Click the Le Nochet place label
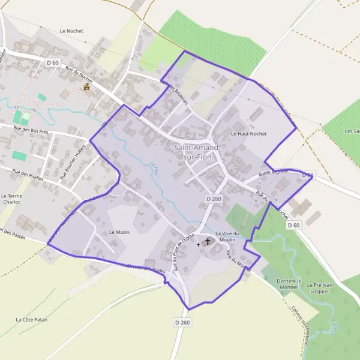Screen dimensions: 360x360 tap(71, 31)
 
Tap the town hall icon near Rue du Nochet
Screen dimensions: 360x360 tap(86, 86)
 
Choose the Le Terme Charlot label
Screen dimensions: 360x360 tap(11, 199)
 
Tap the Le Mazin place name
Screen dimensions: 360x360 tap(119, 232)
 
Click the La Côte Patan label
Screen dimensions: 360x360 tap(31, 319)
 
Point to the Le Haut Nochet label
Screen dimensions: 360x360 tap(248, 134)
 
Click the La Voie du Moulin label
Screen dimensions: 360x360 tap(227, 236)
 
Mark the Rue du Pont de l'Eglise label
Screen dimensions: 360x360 tap(185, 250)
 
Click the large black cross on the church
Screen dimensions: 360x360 tap(208, 241)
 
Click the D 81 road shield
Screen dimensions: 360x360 tap(307, 175)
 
